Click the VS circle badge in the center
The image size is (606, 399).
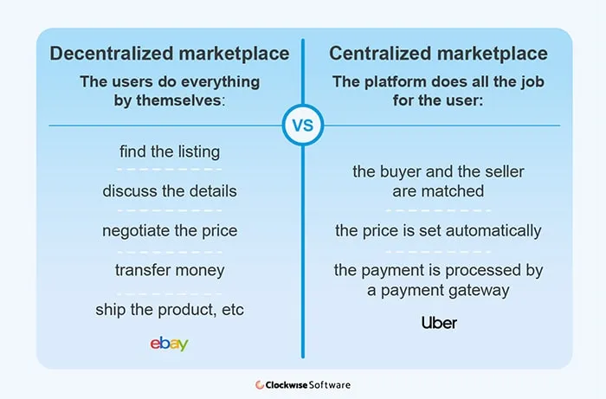(302, 125)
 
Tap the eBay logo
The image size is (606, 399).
(169, 344)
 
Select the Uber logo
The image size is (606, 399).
(439, 324)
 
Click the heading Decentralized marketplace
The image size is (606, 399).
(170, 54)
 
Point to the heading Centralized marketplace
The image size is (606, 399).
(438, 54)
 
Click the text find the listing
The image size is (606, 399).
(170, 151)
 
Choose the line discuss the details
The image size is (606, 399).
(170, 191)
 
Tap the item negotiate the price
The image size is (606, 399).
(170, 230)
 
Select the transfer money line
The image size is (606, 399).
(170, 270)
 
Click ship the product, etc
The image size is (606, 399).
(170, 310)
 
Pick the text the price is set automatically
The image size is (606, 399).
(438, 231)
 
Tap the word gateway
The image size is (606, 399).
(480, 290)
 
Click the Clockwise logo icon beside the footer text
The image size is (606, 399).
(260, 384)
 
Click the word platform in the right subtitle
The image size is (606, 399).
(407, 81)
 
